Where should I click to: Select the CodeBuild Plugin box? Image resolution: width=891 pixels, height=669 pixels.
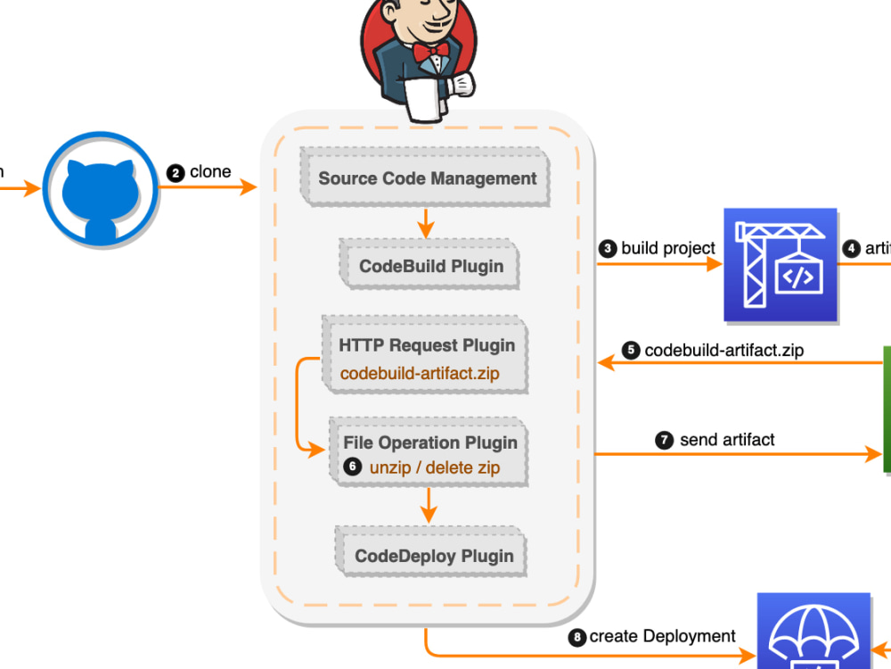point(430,265)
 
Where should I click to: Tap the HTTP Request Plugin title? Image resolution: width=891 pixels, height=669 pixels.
point(426,345)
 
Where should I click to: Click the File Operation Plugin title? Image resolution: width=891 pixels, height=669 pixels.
point(429,442)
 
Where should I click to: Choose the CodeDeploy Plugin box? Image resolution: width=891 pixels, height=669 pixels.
point(433,556)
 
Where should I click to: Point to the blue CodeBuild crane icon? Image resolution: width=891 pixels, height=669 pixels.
point(780,264)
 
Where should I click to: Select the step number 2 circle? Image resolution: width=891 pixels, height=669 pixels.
point(176,173)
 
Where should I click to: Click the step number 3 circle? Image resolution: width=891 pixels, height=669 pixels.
point(608,249)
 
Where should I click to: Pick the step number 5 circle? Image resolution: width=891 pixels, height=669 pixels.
point(631,351)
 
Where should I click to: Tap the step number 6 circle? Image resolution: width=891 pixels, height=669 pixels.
point(353,467)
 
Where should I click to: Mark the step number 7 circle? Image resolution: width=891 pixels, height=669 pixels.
point(665,440)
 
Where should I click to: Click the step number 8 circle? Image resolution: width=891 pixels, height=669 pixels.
point(577,637)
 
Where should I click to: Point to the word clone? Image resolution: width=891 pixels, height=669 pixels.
point(210,171)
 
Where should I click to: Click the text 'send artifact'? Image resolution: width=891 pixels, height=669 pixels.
point(726,439)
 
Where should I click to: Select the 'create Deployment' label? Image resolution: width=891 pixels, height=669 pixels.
point(662,636)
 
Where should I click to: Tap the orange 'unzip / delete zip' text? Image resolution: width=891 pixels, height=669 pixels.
point(434,467)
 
